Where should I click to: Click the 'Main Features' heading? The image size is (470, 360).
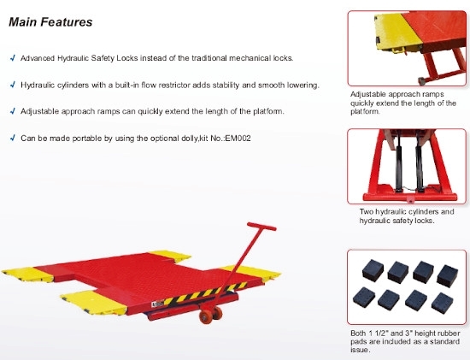[x=50, y=21]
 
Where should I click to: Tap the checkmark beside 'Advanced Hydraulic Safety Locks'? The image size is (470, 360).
[x=12, y=58]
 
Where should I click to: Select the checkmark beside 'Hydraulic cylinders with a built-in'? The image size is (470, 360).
[x=12, y=85]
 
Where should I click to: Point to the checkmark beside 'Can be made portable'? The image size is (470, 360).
[x=12, y=137]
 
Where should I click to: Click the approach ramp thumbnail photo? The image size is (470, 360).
[x=407, y=47]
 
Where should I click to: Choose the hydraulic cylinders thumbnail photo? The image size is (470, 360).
[x=407, y=167]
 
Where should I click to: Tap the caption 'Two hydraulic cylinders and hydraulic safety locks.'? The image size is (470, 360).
[x=406, y=216]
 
